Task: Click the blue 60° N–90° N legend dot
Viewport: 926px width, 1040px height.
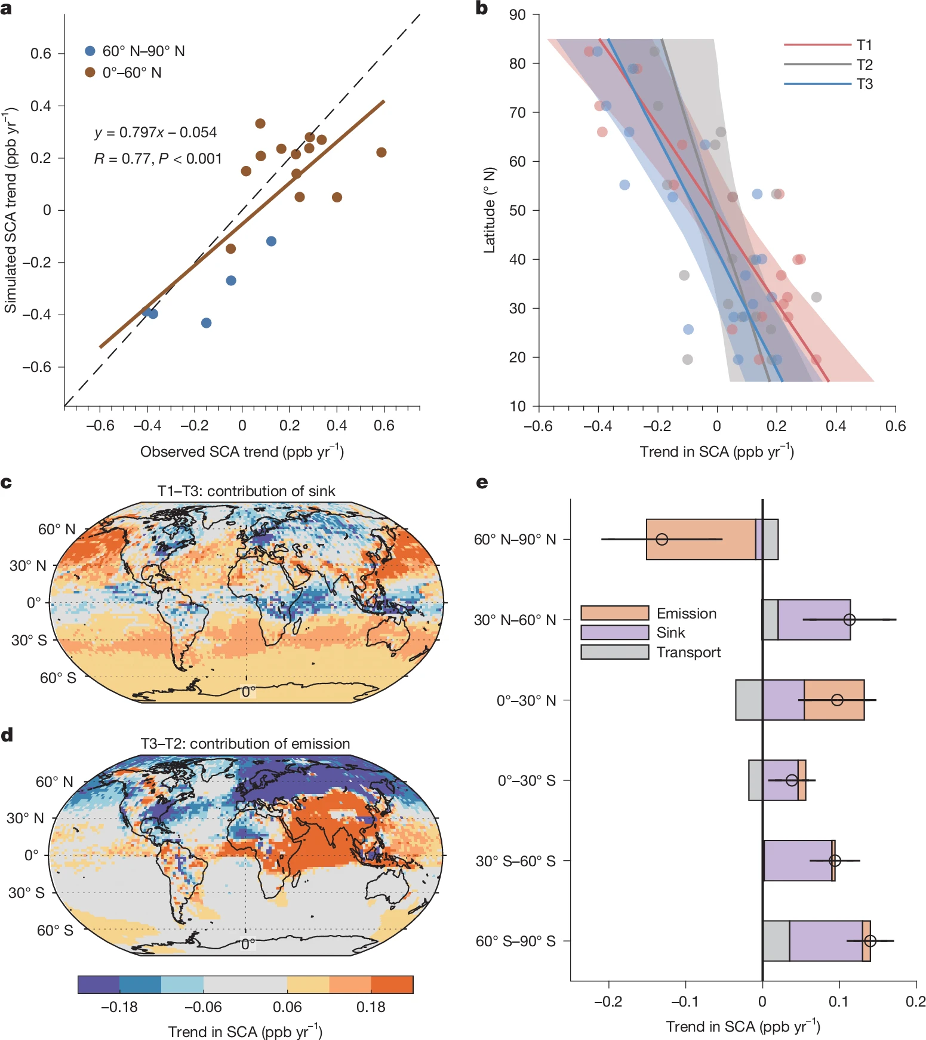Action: [90, 51]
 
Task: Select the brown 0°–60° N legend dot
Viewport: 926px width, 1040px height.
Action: [90, 72]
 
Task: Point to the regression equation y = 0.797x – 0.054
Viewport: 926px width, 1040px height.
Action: [156, 133]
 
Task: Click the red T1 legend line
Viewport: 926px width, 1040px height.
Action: [817, 45]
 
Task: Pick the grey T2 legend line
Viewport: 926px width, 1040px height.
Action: [817, 64]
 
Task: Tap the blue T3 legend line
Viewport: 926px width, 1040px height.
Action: [817, 84]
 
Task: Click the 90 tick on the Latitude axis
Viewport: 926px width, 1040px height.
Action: [517, 14]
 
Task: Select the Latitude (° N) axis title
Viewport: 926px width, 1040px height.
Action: [490, 210]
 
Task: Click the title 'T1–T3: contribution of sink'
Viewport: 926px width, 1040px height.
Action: [246, 491]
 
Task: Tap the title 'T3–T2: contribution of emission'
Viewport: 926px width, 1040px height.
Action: [245, 743]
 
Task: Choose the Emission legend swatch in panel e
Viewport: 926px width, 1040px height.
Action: [614, 613]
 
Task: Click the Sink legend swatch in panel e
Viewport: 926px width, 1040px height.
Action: [614, 632]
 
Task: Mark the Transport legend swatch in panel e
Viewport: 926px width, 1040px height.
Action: [614, 652]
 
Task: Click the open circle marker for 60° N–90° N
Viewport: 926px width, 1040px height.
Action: [662, 539]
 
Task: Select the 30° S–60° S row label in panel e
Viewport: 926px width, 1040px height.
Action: [515, 861]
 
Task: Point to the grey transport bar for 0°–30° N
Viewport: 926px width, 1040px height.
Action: [749, 700]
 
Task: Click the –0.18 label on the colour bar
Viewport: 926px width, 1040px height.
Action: [119, 1007]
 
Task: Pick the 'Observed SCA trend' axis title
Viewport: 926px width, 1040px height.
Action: [242, 451]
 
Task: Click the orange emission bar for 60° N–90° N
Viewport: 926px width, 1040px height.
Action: [700, 539]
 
